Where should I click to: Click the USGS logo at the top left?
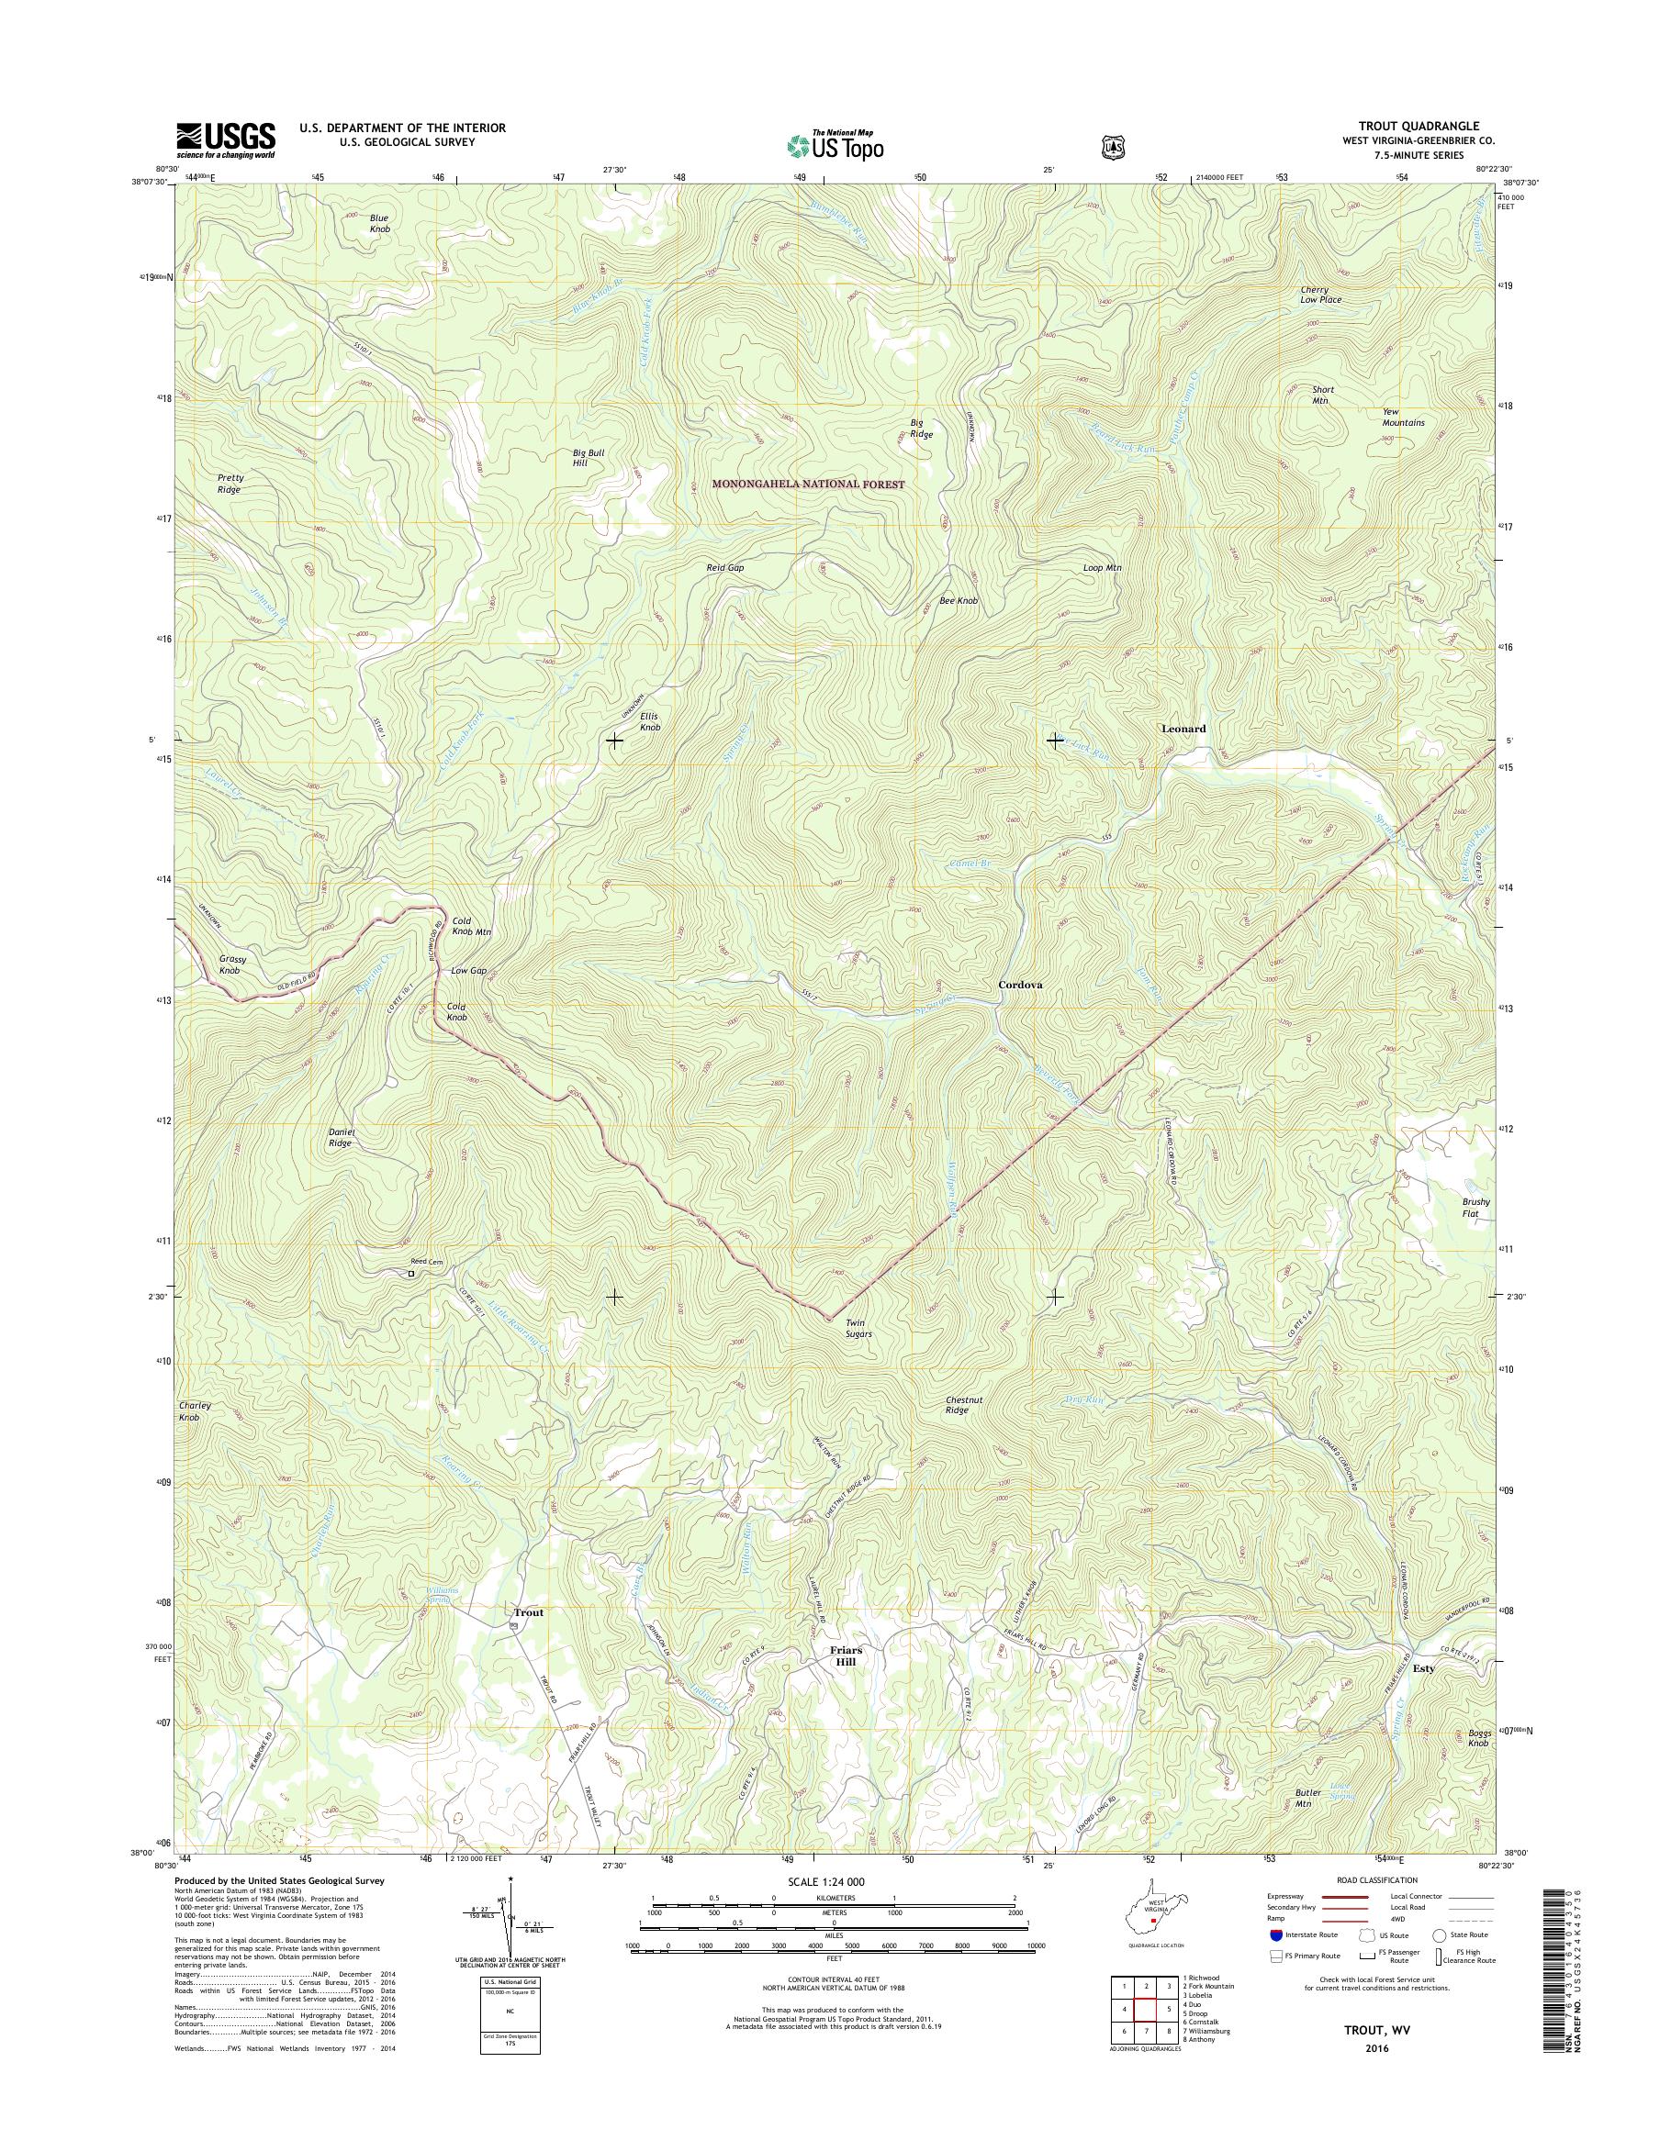pos(225,139)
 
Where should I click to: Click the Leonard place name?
pos(1183,729)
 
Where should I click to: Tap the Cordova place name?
pos(1019,986)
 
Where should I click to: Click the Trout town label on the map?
pos(528,1611)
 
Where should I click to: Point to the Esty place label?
pos(1422,1668)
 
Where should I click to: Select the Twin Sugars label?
pos(858,1328)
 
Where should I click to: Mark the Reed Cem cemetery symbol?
pos(412,1274)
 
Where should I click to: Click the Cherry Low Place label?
pos(1321,295)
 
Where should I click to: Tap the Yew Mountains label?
pos(1403,418)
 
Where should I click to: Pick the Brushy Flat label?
pos(1475,1208)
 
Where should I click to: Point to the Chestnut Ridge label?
pos(957,1405)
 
